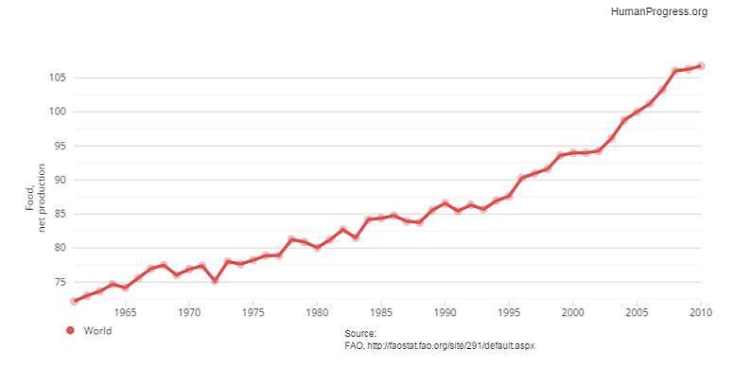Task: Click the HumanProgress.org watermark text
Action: pos(659,11)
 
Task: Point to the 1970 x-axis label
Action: pos(189,311)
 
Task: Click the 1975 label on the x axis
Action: pos(253,311)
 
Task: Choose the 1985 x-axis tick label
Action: pos(381,311)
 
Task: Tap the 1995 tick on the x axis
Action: pos(509,311)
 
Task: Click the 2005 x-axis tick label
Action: pos(638,311)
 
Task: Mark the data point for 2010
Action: pos(701,66)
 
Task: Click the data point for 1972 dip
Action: pos(215,281)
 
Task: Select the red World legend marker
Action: pos(69,330)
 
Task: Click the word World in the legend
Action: pos(97,330)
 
